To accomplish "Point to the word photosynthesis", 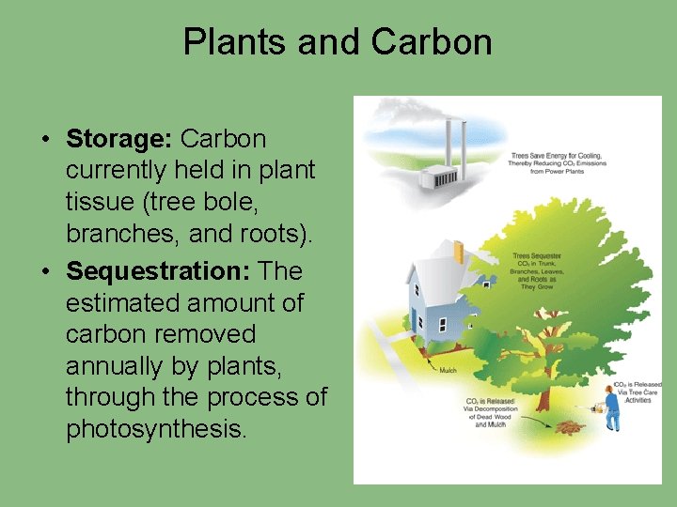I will click(155, 429).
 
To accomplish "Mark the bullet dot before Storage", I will click(45, 140).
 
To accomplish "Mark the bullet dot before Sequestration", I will click(45, 272).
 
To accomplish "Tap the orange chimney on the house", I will click(458, 252).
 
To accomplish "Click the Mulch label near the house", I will click(449, 370).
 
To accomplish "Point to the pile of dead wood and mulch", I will click(567, 428).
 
